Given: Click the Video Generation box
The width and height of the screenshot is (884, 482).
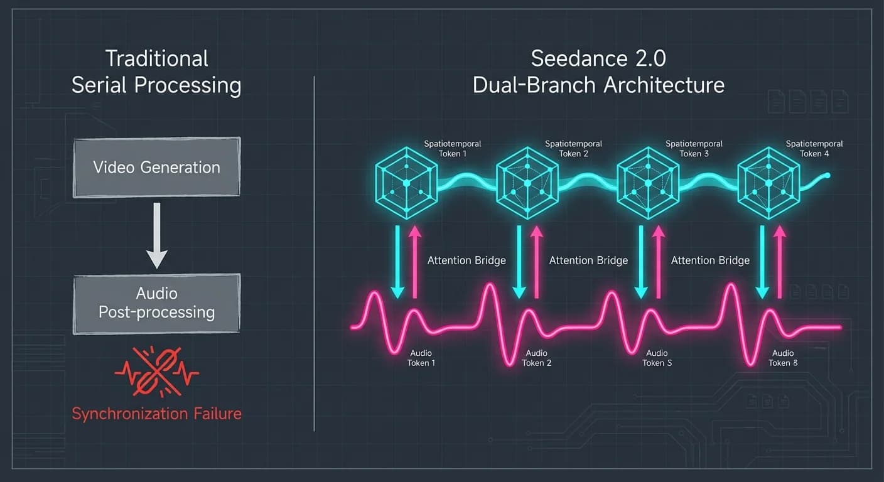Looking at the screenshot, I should (156, 168).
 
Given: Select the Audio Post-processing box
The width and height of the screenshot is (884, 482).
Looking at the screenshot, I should (156, 303).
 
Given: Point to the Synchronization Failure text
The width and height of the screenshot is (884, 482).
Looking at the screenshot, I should (156, 414).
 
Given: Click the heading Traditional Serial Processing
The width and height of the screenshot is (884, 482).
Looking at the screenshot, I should (156, 72).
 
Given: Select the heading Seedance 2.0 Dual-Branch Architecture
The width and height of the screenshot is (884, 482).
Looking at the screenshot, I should (598, 72).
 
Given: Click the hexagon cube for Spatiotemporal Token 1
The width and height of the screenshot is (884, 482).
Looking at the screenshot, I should (406, 182).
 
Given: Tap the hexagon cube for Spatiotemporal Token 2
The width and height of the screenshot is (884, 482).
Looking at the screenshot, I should (527, 182).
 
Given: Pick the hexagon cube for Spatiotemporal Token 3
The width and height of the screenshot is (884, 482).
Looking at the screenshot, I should (648, 182).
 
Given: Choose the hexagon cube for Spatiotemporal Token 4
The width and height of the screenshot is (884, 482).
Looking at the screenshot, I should (768, 182).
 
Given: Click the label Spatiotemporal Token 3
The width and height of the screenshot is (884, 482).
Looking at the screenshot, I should (694, 149).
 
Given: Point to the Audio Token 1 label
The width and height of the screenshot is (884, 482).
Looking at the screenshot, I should (421, 358).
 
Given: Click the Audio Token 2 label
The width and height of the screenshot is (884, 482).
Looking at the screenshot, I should (537, 358).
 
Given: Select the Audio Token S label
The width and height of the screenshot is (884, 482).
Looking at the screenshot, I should (657, 358).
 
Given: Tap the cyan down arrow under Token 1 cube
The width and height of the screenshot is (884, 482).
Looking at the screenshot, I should (397, 260).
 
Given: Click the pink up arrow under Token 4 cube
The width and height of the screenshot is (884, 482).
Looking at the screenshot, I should (780, 260).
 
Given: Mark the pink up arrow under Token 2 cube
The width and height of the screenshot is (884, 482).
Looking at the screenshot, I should (537, 260).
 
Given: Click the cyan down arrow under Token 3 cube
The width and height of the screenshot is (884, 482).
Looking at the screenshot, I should (640, 260).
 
